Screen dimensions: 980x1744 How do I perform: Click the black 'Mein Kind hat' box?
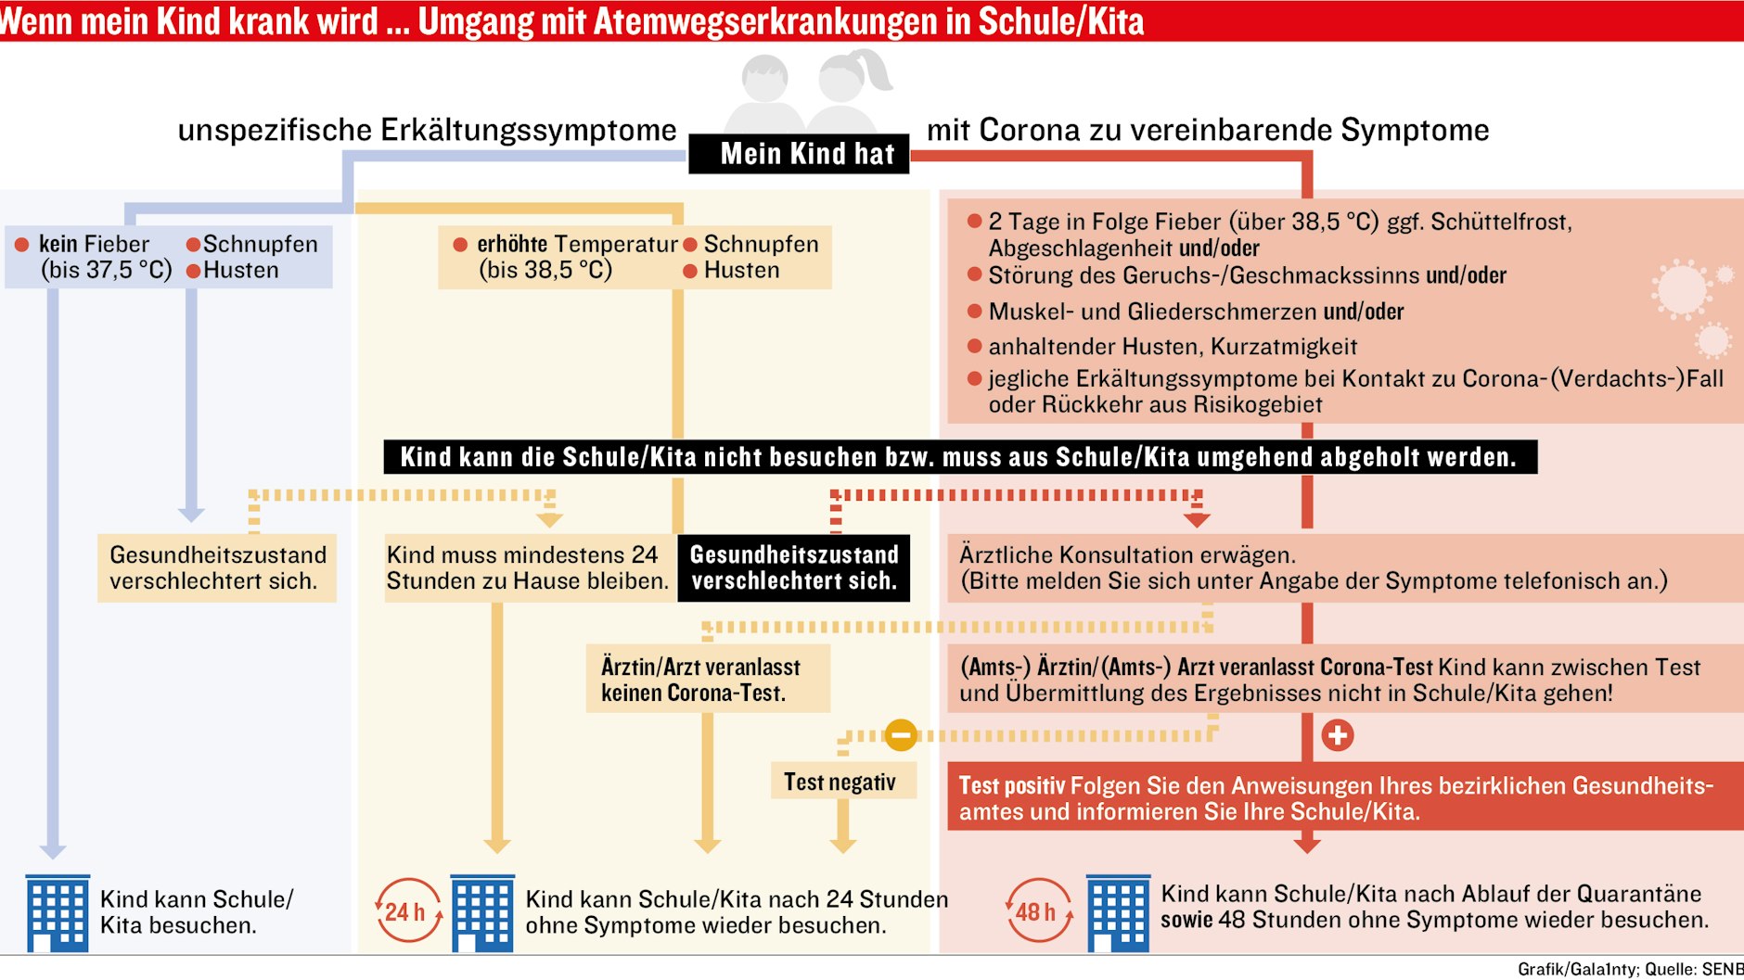(799, 154)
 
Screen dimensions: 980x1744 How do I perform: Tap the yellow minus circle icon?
(900, 735)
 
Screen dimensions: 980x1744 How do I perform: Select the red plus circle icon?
(1337, 735)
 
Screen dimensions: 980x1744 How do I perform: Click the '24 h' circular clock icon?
(407, 911)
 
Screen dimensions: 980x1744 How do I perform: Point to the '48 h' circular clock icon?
(1038, 911)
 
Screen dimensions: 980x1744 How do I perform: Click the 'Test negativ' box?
(842, 782)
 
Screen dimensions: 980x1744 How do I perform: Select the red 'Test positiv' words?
(1011, 785)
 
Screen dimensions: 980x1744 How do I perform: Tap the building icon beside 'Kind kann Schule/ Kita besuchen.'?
(58, 913)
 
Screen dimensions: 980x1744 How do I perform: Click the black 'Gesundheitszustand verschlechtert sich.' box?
(793, 567)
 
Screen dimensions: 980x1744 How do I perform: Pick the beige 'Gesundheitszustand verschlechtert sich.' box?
(217, 567)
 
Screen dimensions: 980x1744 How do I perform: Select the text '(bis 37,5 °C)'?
(106, 270)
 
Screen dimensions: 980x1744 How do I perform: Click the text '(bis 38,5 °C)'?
(545, 270)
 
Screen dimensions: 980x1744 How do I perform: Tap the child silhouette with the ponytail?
(846, 88)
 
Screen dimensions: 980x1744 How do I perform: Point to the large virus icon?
(1681, 289)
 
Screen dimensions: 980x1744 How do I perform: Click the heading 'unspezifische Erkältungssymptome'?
(427, 130)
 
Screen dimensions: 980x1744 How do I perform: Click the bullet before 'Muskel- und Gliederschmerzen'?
(974, 311)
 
